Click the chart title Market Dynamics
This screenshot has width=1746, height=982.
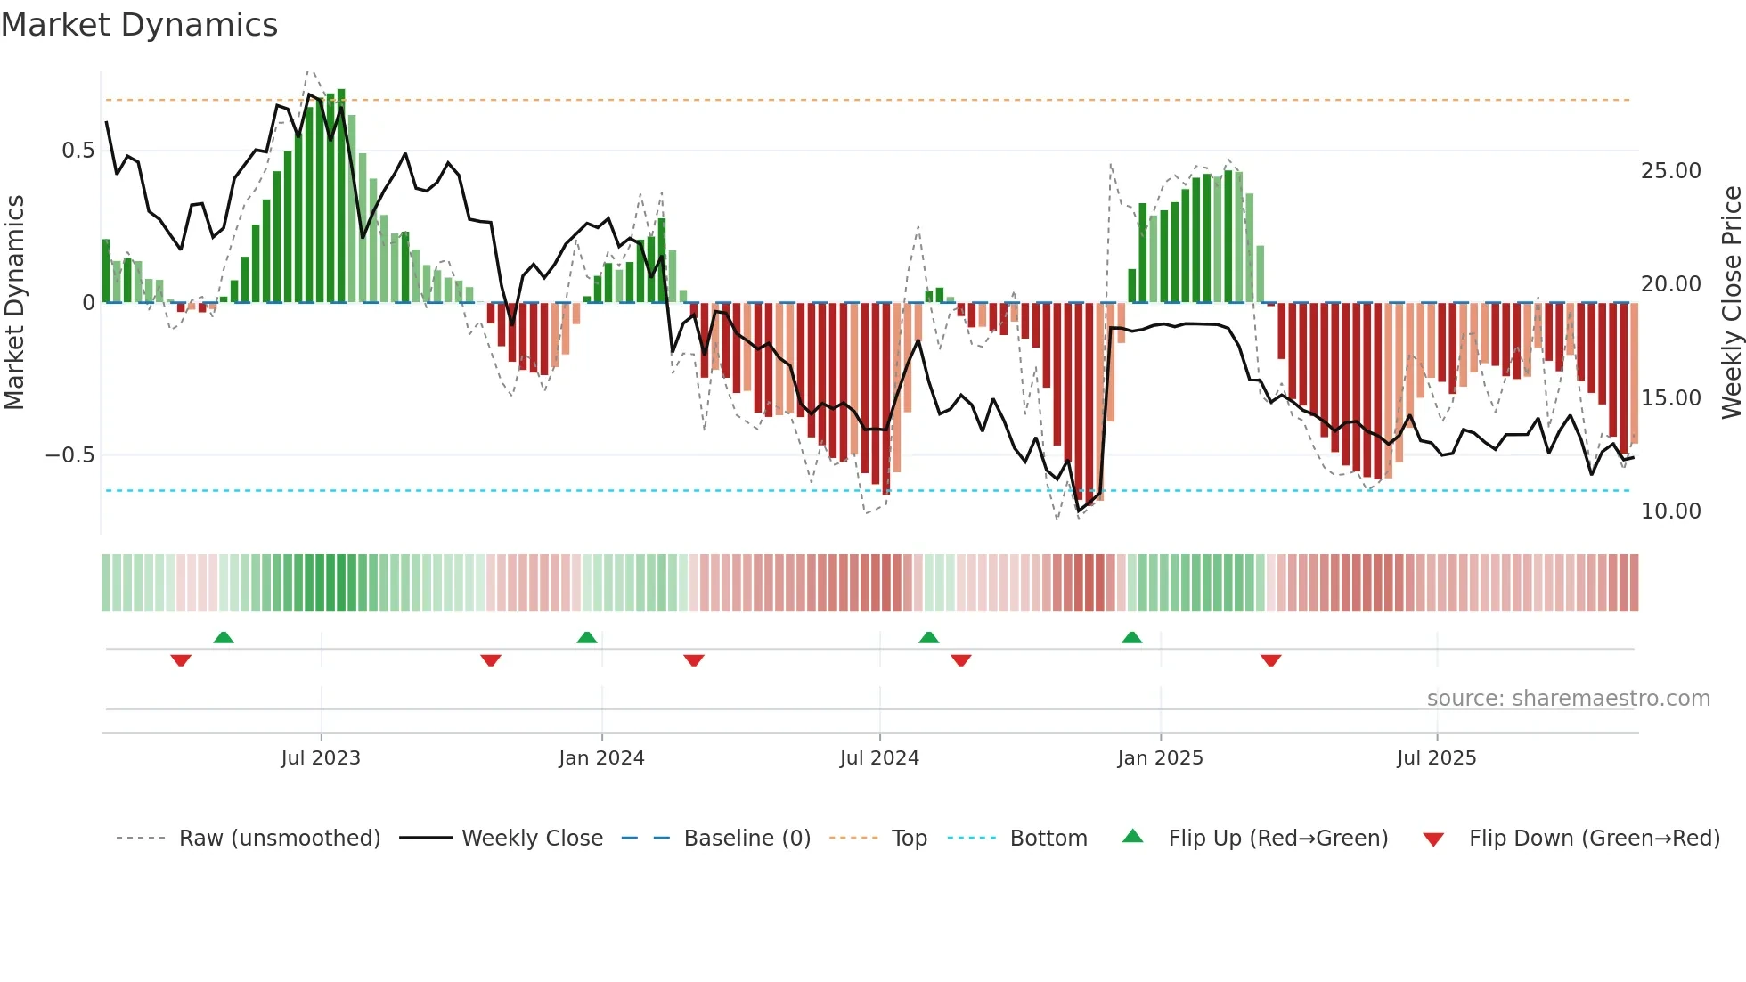click(139, 25)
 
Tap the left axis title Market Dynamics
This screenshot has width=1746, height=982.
click(14, 302)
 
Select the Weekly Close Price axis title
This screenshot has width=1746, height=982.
click(1731, 302)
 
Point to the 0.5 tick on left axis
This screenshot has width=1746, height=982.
click(78, 151)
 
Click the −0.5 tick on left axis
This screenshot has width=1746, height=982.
click(70, 455)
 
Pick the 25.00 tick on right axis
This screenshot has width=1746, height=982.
click(1670, 171)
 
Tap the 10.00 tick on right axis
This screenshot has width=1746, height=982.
click(1670, 511)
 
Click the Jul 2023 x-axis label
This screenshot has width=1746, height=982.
click(321, 758)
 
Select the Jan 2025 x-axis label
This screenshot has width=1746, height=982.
click(1160, 758)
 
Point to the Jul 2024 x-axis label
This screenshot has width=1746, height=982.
click(879, 758)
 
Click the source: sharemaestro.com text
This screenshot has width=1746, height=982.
click(1568, 699)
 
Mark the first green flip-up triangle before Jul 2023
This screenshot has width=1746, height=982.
click(224, 638)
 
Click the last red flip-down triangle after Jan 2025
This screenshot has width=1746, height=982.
click(1271, 660)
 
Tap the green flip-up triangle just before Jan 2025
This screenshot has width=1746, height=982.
click(1131, 638)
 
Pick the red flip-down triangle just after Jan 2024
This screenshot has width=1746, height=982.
click(694, 660)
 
